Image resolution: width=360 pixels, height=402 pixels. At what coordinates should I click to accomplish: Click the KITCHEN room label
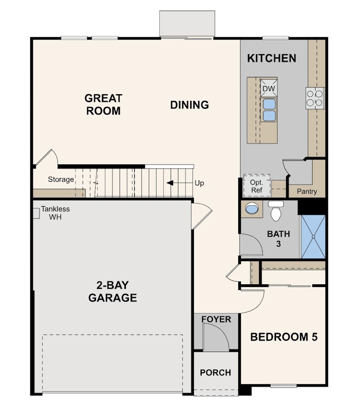pyautogui.click(x=272, y=58)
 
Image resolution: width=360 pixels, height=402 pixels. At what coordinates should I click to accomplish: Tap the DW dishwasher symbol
pyautogui.click(x=268, y=88)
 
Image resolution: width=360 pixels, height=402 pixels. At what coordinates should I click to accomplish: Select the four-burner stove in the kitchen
pyautogui.click(x=315, y=98)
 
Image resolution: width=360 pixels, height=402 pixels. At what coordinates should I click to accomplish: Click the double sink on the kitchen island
pyautogui.click(x=268, y=110)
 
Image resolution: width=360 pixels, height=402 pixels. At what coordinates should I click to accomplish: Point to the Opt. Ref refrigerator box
pyautogui.click(x=256, y=186)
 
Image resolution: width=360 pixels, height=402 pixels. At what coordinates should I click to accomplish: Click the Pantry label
pyautogui.click(x=307, y=191)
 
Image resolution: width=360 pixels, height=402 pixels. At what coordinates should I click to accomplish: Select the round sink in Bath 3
pyautogui.click(x=252, y=208)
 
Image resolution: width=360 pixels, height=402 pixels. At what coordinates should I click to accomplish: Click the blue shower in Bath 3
pyautogui.click(x=313, y=237)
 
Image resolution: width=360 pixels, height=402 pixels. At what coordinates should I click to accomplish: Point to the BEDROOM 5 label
pyautogui.click(x=284, y=337)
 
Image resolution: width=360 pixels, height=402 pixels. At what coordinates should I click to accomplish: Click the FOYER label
pyautogui.click(x=216, y=319)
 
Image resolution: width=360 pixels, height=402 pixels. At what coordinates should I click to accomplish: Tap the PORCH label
pyautogui.click(x=215, y=373)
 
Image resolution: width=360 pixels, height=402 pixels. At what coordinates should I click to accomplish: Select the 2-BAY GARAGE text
pyautogui.click(x=112, y=291)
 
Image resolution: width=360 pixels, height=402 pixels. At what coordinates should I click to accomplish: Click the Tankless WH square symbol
pyautogui.click(x=36, y=213)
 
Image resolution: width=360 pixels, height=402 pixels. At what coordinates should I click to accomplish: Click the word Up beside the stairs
pyautogui.click(x=200, y=183)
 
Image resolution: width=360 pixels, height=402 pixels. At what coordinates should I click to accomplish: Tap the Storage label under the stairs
pyautogui.click(x=61, y=179)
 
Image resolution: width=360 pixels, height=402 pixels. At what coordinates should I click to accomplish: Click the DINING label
pyautogui.click(x=190, y=105)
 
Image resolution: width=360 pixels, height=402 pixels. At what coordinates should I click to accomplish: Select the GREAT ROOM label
pyautogui.click(x=104, y=104)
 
